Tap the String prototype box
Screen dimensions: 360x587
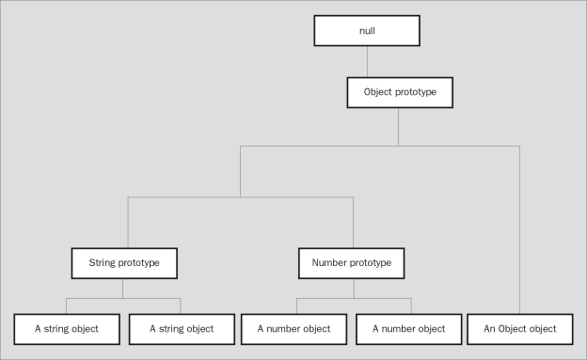point(123,262)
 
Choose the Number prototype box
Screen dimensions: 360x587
point(353,262)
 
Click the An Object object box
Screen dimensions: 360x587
point(519,328)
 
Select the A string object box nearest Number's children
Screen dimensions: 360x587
point(181,328)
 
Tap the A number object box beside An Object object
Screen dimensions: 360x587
point(410,328)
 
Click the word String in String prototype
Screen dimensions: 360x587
point(105,262)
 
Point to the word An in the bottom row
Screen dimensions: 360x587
point(489,328)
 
